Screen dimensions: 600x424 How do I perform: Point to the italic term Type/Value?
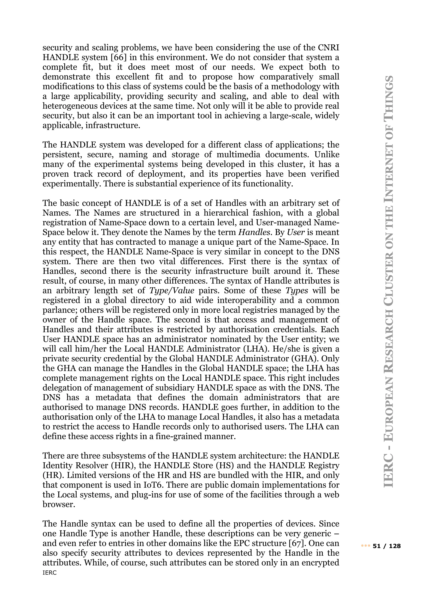172,291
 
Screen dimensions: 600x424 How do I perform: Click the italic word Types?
297,291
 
